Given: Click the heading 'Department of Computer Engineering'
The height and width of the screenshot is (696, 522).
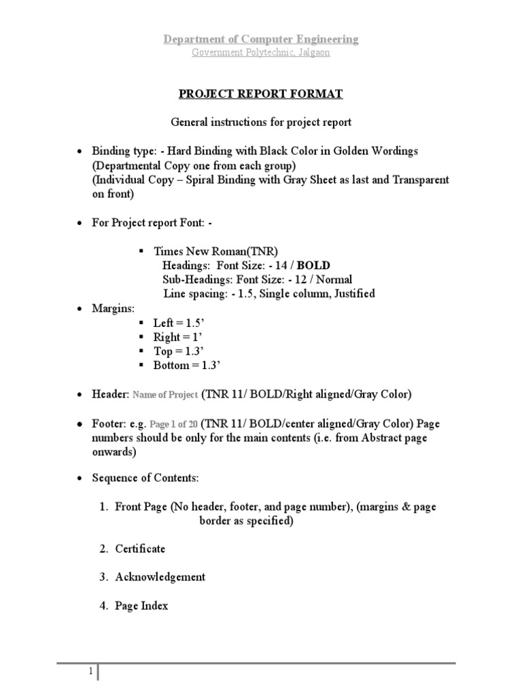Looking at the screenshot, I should coord(261,39).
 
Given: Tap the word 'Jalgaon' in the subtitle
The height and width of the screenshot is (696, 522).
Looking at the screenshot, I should coord(313,52).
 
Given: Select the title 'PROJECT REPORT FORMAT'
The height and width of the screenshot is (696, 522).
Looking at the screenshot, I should coord(261,94).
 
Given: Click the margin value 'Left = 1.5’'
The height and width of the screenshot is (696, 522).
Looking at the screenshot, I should coord(173,324).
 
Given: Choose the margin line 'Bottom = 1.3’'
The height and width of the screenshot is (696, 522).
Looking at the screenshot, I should coord(183,366).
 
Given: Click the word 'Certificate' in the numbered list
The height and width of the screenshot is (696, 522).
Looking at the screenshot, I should coord(140,549).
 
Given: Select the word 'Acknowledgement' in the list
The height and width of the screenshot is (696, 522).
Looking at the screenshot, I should coord(160,577).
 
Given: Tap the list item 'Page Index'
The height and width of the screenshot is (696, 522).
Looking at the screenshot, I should coord(141,606).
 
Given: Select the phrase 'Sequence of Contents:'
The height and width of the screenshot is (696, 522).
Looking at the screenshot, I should coord(145,478).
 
